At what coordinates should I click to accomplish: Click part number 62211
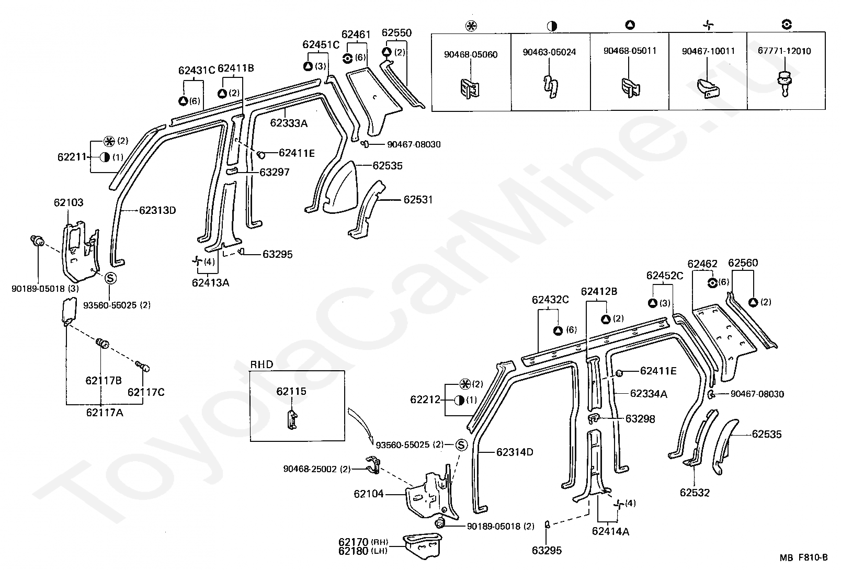coord(72,157)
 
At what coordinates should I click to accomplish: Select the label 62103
coord(69,203)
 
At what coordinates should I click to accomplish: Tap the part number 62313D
coord(157,210)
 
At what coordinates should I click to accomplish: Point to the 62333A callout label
coord(289,123)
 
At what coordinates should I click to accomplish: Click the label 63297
coord(275,173)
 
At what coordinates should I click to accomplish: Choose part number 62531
coord(418,200)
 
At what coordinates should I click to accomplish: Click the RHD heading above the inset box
coord(262,364)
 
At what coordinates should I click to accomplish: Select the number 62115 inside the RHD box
coord(291,391)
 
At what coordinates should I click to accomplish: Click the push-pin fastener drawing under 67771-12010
coord(785,84)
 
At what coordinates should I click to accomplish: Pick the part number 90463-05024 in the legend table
coord(549,52)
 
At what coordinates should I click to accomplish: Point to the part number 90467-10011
coord(708,51)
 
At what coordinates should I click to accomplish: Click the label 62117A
coord(105,413)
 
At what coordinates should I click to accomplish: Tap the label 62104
coord(369,494)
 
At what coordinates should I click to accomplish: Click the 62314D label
coord(515,452)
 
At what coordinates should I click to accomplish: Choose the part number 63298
coord(640,419)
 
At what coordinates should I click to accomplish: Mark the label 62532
coord(695,493)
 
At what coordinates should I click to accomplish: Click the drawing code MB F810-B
coord(803,557)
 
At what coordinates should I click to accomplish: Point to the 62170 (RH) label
coord(363,542)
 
